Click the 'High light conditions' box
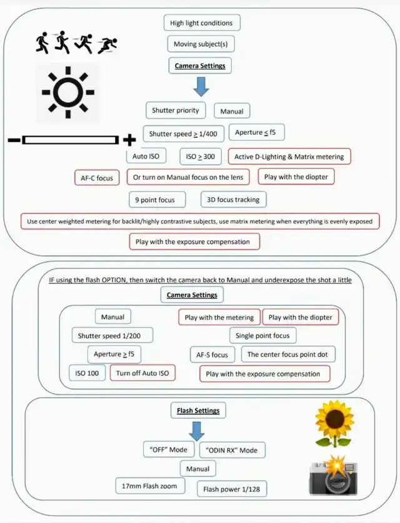pyautogui.click(x=201, y=23)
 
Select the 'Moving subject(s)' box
pyautogui.click(x=201, y=44)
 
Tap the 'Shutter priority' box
pyautogui.click(x=176, y=110)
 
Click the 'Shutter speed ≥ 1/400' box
pyautogui.click(x=183, y=134)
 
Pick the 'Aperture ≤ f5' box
pyautogui.click(x=255, y=132)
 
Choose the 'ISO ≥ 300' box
pyautogui.click(x=201, y=156)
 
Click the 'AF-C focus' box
pyautogui.click(x=97, y=178)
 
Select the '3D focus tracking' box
pyautogui.click(x=233, y=200)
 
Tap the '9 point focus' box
pyautogui.click(x=156, y=200)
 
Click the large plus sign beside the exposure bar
pyautogui.click(x=129, y=139)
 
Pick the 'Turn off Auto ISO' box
pyautogui.click(x=142, y=373)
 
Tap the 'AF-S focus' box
pyautogui.click(x=212, y=354)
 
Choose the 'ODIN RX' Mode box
pyautogui.click(x=231, y=450)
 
